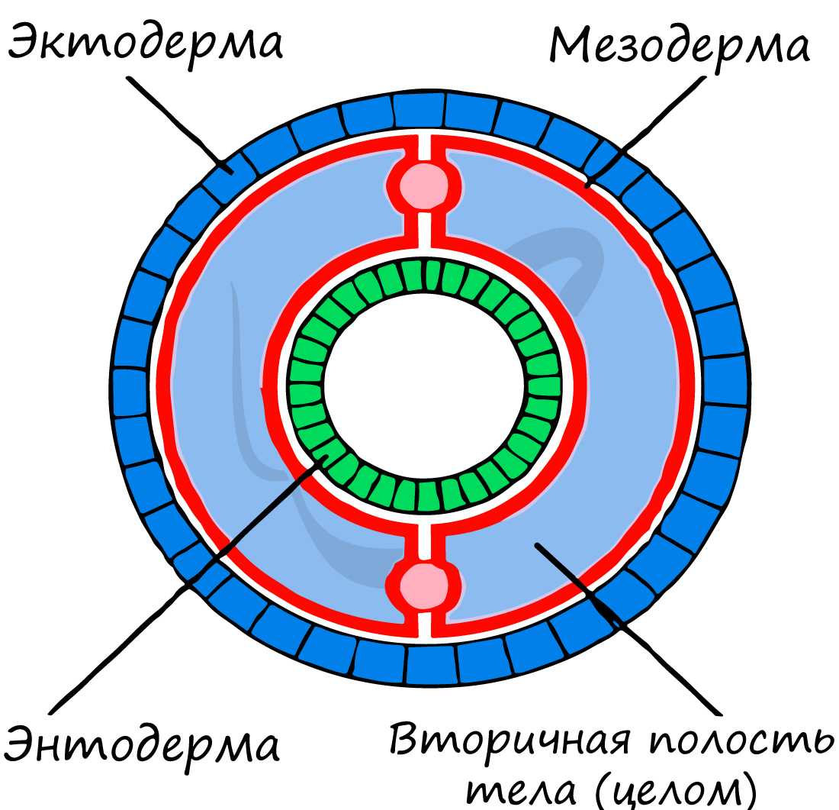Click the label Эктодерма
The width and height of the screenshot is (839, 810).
click(145, 44)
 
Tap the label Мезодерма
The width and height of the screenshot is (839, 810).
click(678, 47)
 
